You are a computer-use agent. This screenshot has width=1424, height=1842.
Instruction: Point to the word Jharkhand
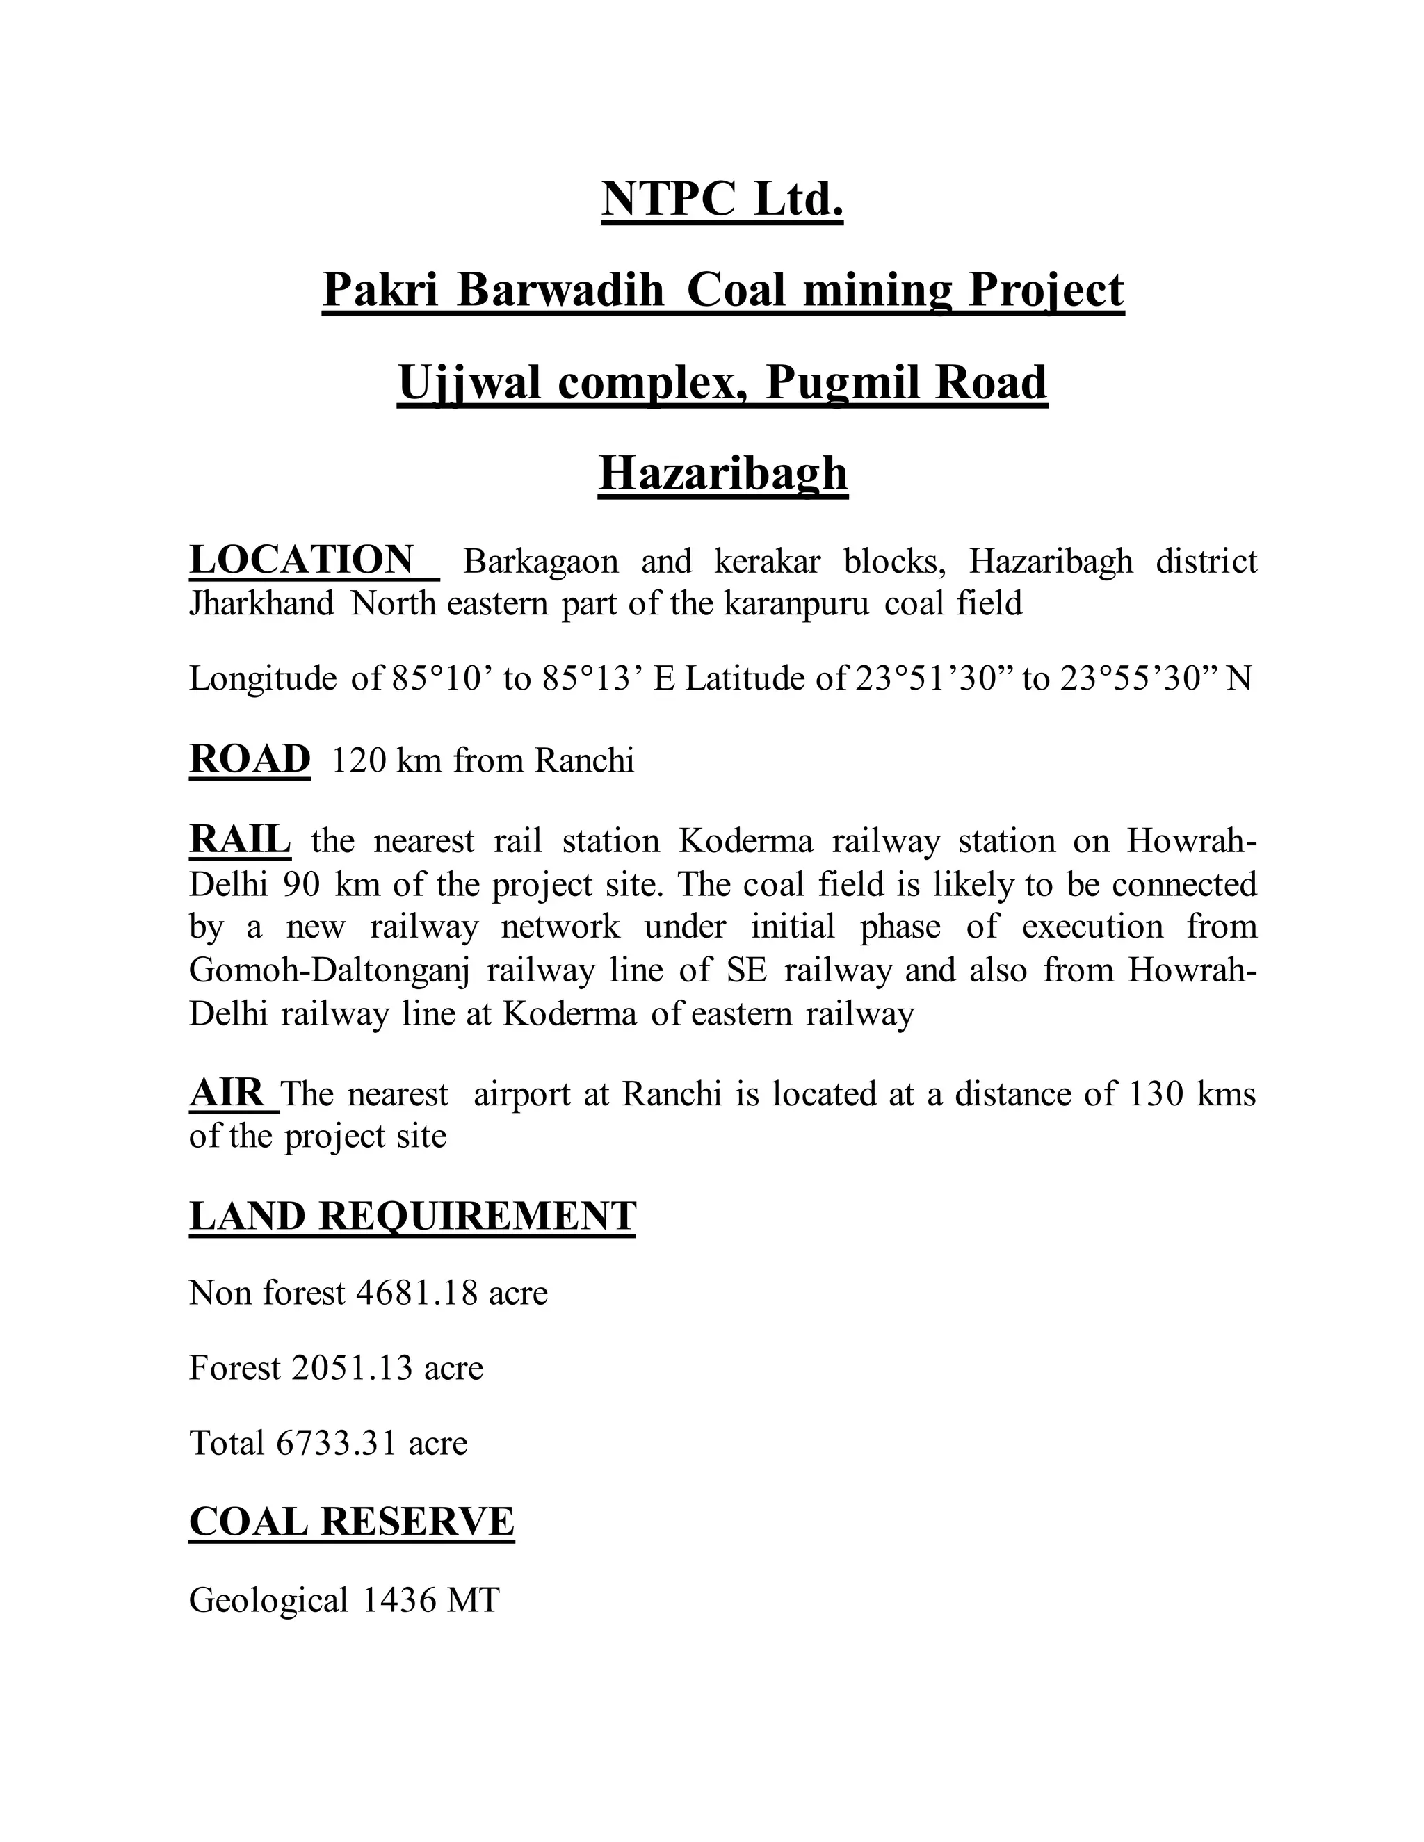click(261, 604)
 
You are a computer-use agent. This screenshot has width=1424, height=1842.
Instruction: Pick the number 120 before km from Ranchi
click(359, 760)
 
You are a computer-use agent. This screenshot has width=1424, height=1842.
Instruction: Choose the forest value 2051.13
click(352, 1368)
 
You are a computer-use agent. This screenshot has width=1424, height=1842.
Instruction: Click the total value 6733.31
click(336, 1443)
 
